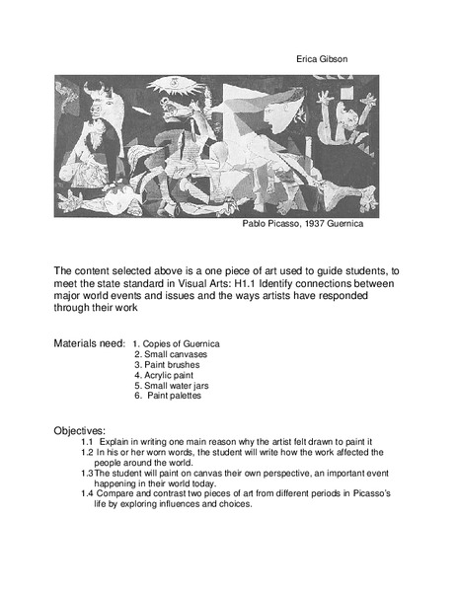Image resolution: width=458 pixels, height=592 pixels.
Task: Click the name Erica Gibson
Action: (x=322, y=58)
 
